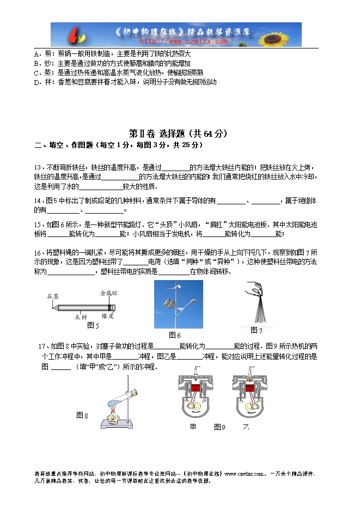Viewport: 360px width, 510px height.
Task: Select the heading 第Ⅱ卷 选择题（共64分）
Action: [x=178, y=133]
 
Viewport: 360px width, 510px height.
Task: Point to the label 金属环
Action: [x=109, y=293]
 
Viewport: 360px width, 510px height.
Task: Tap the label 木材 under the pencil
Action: [x=81, y=316]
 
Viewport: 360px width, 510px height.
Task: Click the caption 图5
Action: [x=93, y=326]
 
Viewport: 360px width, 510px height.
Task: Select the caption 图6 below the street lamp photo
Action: [x=175, y=335]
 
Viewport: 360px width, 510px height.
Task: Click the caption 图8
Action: [x=82, y=416]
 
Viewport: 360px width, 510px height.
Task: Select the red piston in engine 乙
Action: [x=251, y=388]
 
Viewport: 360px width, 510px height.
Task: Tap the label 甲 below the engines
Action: [x=193, y=427]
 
